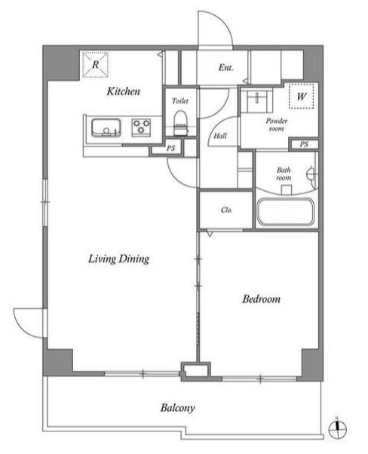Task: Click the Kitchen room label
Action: point(124,91)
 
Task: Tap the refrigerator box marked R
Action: point(96,65)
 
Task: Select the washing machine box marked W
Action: point(301,96)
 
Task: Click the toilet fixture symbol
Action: point(181,123)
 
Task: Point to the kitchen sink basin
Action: point(106,128)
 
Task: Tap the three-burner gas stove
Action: point(141,127)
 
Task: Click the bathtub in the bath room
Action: point(285,212)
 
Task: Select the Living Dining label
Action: point(119,258)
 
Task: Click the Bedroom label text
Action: point(262,298)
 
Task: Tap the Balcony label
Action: point(177,408)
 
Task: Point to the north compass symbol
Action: point(338,428)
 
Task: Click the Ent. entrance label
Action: point(225,67)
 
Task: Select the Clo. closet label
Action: point(226,210)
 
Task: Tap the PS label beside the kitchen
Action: point(171,148)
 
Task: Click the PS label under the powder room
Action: point(304,144)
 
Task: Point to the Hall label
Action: point(220,135)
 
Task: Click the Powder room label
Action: point(277,125)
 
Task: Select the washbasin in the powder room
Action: point(256,100)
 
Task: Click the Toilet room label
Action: point(180,100)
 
